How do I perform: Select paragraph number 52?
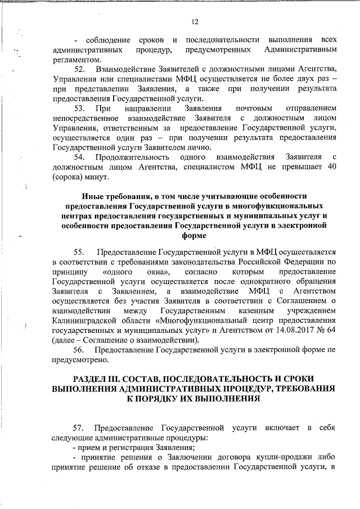tap(79, 69)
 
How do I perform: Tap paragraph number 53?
tap(79, 108)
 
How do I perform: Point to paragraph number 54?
tap(79, 157)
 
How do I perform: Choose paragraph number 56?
tap(79, 349)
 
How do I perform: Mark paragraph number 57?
tap(79, 429)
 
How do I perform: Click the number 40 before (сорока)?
tap(331, 167)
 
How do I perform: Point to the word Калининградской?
tap(84, 320)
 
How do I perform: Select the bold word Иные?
tap(92, 196)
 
